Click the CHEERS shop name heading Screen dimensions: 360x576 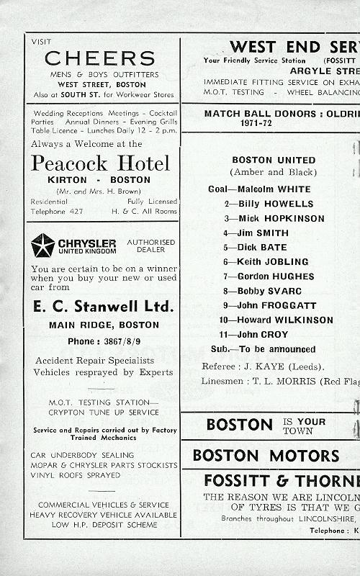(x=99, y=58)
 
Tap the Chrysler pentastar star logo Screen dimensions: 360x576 (x=42, y=245)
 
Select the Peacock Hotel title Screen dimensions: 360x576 (x=100, y=163)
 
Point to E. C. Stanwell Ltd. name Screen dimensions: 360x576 (x=103, y=307)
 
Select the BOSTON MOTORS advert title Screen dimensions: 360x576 (x=266, y=456)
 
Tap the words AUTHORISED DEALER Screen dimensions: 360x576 (x=150, y=246)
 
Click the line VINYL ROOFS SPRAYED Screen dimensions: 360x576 (x=76, y=475)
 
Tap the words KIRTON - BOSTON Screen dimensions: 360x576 (x=99, y=180)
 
